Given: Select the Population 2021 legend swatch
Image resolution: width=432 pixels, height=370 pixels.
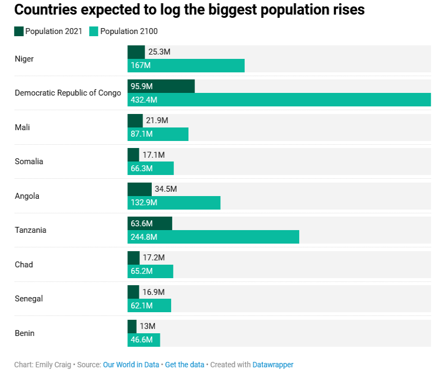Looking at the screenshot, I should point(19,31).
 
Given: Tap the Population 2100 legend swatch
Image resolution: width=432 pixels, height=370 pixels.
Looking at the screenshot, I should point(94,31).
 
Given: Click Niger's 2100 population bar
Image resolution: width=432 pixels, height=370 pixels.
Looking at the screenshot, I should point(186,65).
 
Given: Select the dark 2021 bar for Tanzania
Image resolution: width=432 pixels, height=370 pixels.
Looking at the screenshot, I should point(150,224).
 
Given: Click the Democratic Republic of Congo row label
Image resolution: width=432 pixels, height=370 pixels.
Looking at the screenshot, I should point(68,93).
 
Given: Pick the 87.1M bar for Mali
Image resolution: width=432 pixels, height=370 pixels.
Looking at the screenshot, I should point(158,134).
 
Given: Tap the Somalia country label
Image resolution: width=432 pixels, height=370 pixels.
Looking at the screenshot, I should point(29,162).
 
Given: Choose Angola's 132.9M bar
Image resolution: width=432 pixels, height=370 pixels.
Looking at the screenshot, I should point(174,203).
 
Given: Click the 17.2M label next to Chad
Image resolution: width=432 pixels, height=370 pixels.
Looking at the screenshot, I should point(153,258).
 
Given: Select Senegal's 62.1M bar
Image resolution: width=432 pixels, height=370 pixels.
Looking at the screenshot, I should point(149,306).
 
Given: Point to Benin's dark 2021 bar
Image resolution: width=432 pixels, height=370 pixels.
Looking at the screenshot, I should point(132,326).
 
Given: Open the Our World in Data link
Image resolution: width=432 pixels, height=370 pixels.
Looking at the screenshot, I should point(131,365).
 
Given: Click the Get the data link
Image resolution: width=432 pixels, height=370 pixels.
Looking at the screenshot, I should point(185,365).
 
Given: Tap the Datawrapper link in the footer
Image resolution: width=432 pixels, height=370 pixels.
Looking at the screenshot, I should point(273,365).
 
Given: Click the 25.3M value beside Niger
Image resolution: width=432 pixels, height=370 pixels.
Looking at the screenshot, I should point(159,52).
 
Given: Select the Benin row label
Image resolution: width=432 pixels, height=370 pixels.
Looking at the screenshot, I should point(25,333).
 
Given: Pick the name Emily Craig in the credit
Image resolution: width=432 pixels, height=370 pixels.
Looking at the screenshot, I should point(52,365).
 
